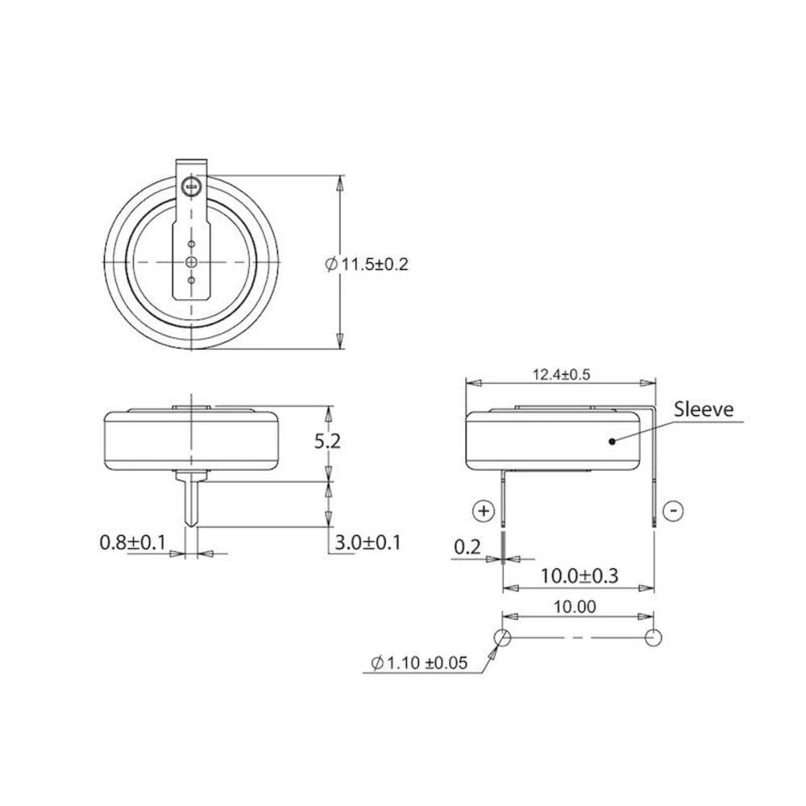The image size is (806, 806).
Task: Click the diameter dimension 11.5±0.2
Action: (368, 264)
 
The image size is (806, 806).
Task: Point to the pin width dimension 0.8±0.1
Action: (132, 542)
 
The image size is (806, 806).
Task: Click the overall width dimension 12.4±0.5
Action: (563, 374)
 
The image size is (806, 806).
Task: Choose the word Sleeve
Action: (705, 409)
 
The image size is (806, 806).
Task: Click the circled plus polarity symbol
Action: (483, 510)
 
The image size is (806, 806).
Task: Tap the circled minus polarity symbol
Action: (675, 510)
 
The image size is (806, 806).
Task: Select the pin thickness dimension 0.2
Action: (467, 547)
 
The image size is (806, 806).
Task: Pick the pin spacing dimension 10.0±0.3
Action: (579, 576)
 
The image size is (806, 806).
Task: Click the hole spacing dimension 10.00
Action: (576, 608)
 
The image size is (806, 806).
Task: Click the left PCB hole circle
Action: (502, 638)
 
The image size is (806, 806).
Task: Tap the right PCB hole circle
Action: (654, 638)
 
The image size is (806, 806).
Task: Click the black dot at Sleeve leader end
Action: (613, 441)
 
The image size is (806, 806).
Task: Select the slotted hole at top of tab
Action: (192, 187)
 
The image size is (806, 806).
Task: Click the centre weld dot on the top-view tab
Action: (192, 262)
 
